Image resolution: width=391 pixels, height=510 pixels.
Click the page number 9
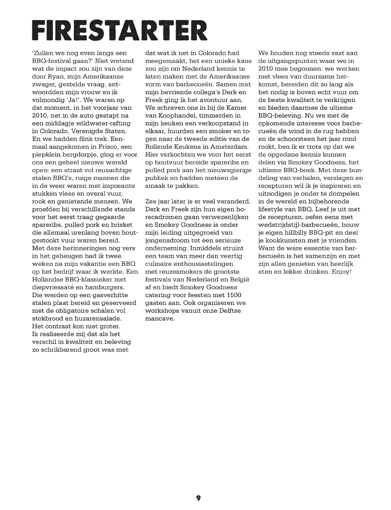198,498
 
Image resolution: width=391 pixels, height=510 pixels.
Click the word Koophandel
170,115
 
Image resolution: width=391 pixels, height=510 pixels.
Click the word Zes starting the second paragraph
150,201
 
